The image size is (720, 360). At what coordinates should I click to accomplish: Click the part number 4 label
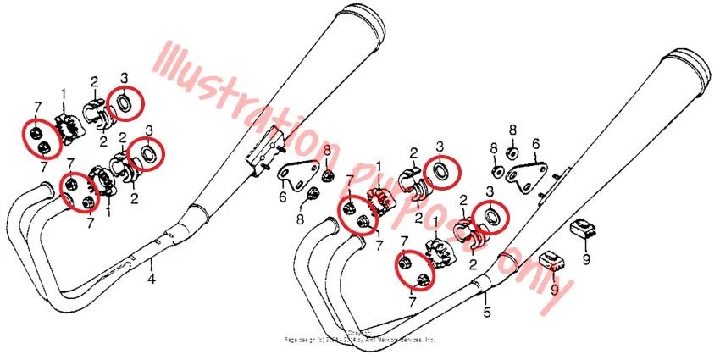click(x=152, y=278)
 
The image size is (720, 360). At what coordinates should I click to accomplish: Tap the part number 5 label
click(x=485, y=312)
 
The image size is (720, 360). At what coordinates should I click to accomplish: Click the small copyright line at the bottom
click(x=360, y=338)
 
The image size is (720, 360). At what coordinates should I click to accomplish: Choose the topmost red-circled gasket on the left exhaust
click(x=124, y=102)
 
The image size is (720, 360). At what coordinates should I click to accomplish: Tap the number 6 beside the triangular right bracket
click(x=535, y=145)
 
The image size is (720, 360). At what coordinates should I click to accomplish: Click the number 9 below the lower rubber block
click(x=556, y=289)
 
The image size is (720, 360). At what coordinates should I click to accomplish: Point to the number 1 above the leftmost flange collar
click(x=62, y=93)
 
